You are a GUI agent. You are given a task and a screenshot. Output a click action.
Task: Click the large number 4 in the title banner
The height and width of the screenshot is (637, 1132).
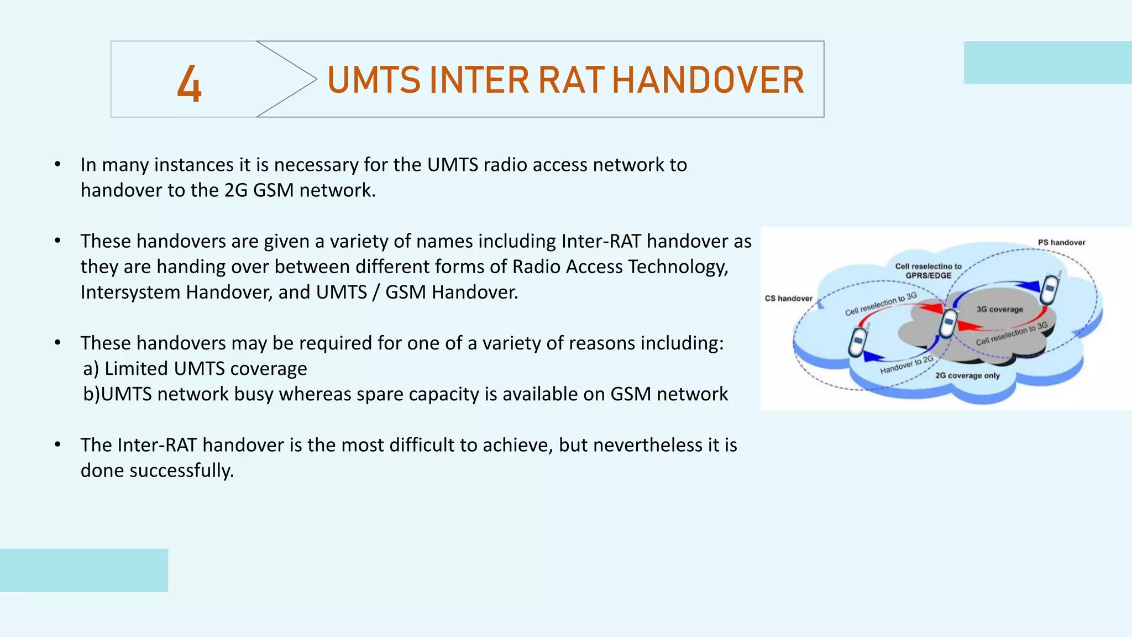click(x=189, y=83)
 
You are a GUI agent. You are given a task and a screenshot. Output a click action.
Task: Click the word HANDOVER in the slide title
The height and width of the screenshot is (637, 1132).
click(x=707, y=81)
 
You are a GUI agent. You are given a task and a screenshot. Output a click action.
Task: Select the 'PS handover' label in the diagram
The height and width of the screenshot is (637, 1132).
click(x=1061, y=242)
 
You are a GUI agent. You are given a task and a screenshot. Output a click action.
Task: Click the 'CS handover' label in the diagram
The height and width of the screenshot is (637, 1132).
click(x=788, y=299)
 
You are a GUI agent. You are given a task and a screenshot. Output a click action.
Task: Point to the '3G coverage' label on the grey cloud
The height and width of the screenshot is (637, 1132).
click(x=999, y=309)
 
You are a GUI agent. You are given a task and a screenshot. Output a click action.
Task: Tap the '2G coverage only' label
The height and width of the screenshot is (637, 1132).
click(x=967, y=375)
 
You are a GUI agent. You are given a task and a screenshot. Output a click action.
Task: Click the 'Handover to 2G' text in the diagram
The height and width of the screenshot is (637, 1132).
click(x=906, y=365)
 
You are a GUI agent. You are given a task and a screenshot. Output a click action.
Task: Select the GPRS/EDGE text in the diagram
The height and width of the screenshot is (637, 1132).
click(x=928, y=275)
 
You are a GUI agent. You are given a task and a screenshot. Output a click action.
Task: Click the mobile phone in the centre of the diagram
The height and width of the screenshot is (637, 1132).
click(x=949, y=323)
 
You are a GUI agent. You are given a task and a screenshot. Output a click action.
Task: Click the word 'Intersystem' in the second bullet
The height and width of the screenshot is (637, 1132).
click(x=130, y=292)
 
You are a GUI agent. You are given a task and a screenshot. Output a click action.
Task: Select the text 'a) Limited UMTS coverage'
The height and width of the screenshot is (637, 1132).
click(x=195, y=368)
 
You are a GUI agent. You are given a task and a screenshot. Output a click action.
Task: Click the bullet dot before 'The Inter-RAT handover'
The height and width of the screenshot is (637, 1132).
click(x=57, y=445)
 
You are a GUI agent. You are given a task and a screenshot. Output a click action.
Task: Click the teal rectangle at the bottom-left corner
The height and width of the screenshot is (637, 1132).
click(x=83, y=570)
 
